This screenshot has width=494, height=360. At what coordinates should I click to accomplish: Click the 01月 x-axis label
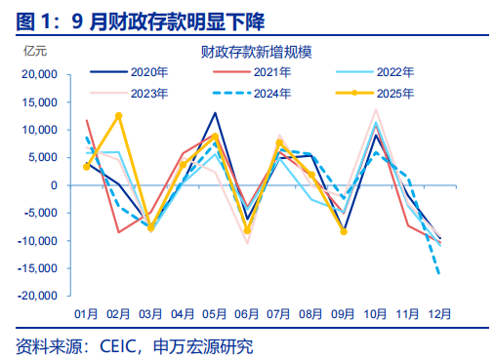pos(87,313)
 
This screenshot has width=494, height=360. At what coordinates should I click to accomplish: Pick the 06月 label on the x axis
pos(247,313)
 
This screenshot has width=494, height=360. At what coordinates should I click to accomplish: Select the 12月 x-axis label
pos(439,313)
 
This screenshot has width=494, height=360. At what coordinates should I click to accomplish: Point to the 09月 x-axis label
pos(343,313)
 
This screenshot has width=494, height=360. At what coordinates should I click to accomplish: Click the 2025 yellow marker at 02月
pos(119,115)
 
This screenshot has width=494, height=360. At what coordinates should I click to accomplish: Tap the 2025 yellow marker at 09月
pos(343,231)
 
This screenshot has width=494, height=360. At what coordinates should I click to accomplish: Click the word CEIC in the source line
pos(120,345)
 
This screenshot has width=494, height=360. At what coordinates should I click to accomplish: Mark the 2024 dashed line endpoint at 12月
pos(439,275)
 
